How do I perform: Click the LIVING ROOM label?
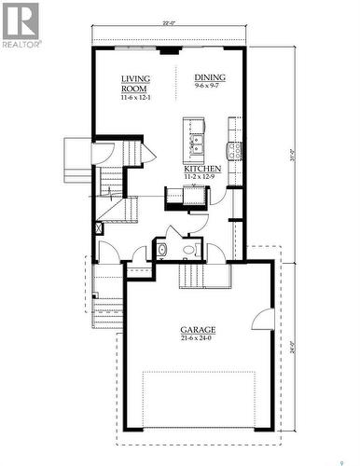pyautogui.click(x=135, y=85)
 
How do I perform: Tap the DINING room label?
pyautogui.click(x=210, y=77)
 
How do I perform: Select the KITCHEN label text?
pyautogui.click(x=201, y=169)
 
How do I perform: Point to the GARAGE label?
pyautogui.click(x=198, y=330)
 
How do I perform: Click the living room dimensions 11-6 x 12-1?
pyautogui.click(x=136, y=98)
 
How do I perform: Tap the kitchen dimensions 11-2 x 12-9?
pyautogui.click(x=201, y=176)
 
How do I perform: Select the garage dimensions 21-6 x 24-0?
pyautogui.click(x=198, y=338)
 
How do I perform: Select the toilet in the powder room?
pyautogui.click(x=160, y=249)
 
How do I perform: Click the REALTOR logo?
pyautogui.click(x=21, y=25)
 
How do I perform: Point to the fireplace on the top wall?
pyautogui.click(x=169, y=50)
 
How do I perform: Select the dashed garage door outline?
pyautogui.click(x=199, y=400)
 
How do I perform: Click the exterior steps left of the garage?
pyautogui.click(x=107, y=312)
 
